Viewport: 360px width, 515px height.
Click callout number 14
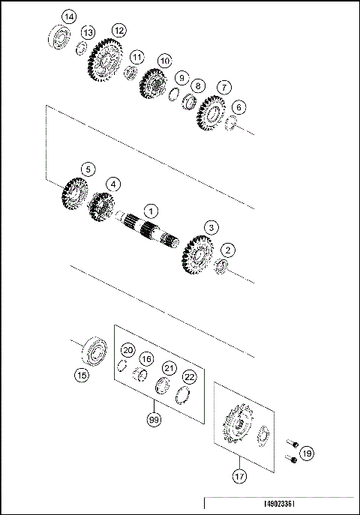tap(69, 16)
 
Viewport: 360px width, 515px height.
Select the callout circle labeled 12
tap(118, 30)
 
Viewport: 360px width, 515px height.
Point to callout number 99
tap(154, 421)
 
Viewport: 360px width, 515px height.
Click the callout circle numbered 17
tap(239, 475)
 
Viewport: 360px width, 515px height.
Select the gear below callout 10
tap(154, 84)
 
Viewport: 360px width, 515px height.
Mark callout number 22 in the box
tap(190, 376)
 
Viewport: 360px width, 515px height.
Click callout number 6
tap(238, 107)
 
